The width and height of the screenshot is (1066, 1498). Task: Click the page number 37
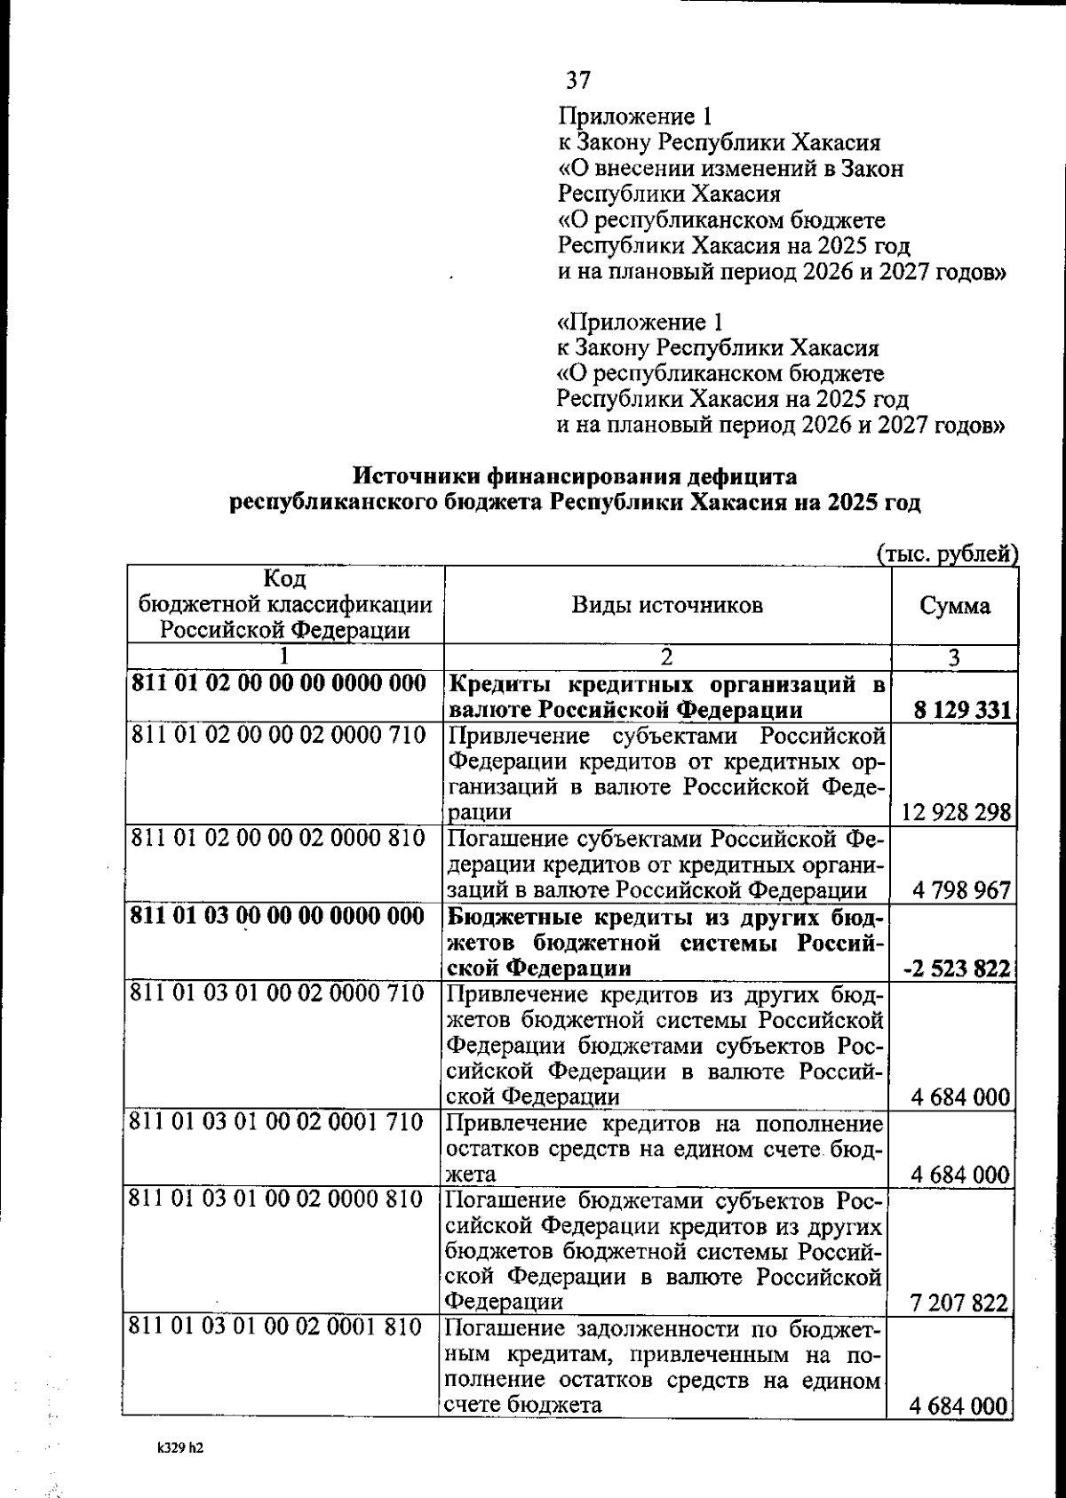coord(578,81)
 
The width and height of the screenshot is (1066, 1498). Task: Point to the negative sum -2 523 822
coord(957,968)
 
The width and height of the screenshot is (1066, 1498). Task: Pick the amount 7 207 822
coord(960,1303)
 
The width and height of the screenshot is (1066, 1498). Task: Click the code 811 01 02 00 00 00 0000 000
coord(278,683)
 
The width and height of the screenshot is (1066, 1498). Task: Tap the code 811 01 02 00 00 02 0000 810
coord(278,838)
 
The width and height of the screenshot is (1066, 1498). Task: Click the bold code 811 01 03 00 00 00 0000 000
coord(278,916)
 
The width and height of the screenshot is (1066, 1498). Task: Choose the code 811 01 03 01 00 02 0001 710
coord(276,1122)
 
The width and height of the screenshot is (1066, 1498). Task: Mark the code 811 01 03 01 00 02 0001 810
coord(276,1328)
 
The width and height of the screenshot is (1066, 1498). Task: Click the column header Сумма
coord(954,607)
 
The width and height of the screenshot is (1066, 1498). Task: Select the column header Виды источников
coord(666,606)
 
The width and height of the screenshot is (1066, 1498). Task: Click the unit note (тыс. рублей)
coord(947,555)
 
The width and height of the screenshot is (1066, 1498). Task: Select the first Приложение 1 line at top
coord(634,116)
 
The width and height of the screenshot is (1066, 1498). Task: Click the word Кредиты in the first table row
coord(501,685)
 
